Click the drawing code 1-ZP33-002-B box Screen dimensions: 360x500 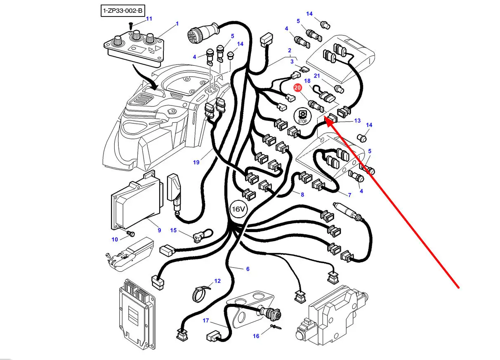click(x=123, y=10)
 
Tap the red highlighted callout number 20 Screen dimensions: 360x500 click(x=297, y=87)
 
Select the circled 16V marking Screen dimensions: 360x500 click(x=238, y=209)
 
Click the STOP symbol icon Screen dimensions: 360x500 click(x=302, y=116)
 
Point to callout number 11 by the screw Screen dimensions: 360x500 click(x=149, y=19)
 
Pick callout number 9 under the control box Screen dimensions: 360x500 click(x=159, y=230)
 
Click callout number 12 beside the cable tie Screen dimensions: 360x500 click(x=217, y=281)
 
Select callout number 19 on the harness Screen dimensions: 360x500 click(x=196, y=162)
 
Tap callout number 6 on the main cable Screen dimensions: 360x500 click(x=248, y=269)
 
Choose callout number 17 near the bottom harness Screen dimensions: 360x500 click(x=206, y=320)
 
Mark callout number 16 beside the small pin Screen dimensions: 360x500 click(x=256, y=336)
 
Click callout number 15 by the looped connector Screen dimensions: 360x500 click(x=173, y=230)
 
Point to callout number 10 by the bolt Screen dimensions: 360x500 click(x=115, y=239)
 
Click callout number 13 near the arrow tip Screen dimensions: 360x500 click(x=357, y=121)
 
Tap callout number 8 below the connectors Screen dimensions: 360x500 click(x=302, y=195)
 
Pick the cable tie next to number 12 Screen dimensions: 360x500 click(x=201, y=293)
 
